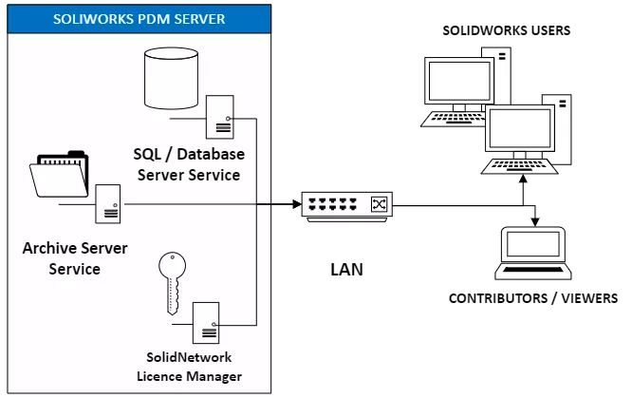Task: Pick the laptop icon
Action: pos(533,253)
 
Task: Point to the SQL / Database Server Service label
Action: pos(189,163)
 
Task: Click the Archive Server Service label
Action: pos(62,259)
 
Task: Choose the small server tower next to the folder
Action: pos(108,202)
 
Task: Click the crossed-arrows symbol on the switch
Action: pos(378,204)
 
